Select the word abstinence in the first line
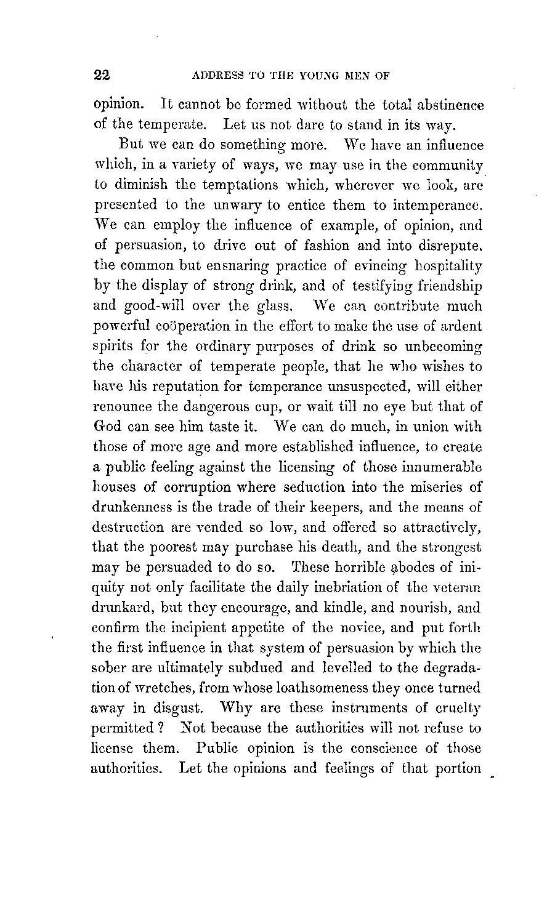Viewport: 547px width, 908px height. point(448,105)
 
